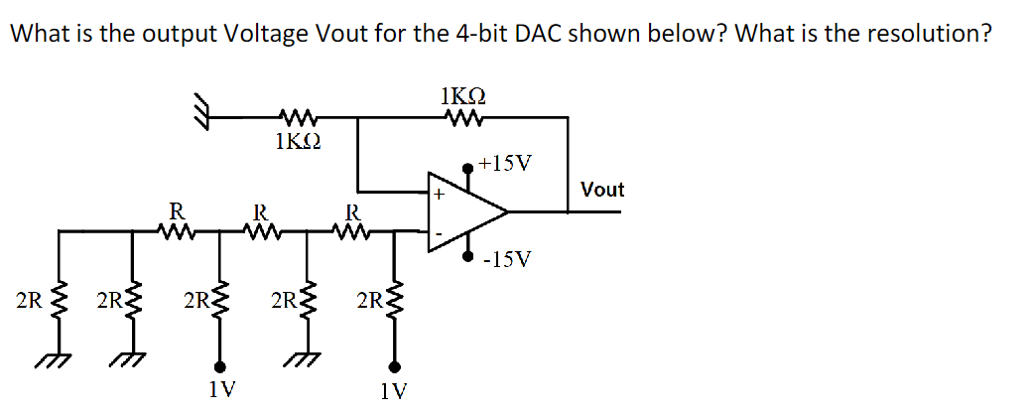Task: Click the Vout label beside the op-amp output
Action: click(602, 189)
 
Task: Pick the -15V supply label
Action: click(507, 260)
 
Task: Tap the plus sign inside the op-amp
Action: click(437, 195)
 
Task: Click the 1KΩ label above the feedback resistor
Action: click(461, 97)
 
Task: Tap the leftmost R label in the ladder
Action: click(176, 210)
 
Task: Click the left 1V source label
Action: click(222, 389)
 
